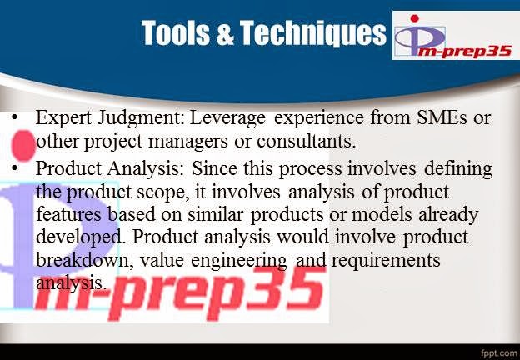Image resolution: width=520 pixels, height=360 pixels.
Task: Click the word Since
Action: click(197, 170)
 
